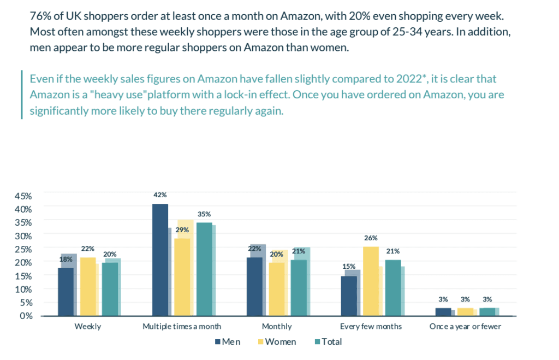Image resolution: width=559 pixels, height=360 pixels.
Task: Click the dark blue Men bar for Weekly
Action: click(x=66, y=292)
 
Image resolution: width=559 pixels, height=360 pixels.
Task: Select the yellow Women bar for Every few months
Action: click(x=371, y=281)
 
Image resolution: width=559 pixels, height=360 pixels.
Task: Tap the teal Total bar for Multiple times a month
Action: click(x=204, y=269)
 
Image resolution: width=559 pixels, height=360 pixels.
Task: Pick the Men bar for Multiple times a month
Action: click(x=160, y=260)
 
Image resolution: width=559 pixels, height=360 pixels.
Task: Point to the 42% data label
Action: click(x=160, y=195)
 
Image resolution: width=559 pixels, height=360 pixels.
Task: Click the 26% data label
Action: click(x=371, y=238)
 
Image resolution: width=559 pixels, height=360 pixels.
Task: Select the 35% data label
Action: click(x=204, y=214)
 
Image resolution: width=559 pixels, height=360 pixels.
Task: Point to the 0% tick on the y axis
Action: click(x=27, y=316)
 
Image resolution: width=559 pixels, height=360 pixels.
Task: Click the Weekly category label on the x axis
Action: click(x=87, y=327)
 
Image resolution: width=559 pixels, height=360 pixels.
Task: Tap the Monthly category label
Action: click(x=277, y=327)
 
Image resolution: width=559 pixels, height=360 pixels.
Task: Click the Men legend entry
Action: click(x=228, y=342)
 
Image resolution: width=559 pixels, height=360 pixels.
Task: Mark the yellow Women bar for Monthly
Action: click(x=276, y=289)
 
